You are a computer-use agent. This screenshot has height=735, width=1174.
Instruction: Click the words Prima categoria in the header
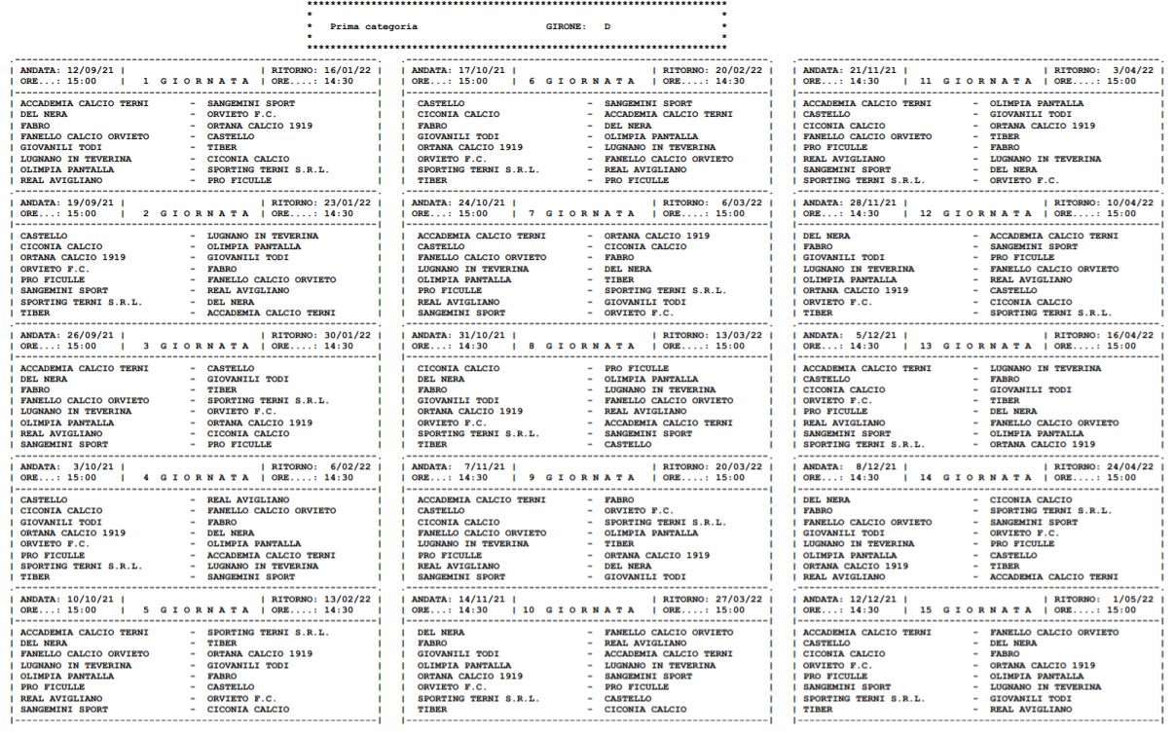coord(374,26)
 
